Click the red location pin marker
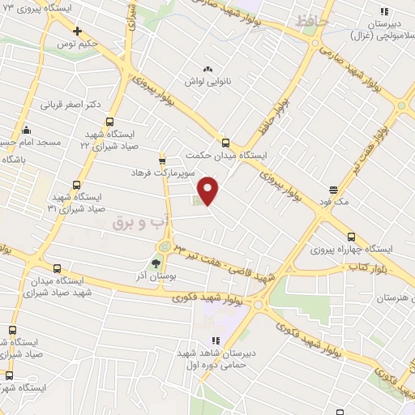209,190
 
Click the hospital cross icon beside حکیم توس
77,32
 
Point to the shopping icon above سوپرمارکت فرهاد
162,158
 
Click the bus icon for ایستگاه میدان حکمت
225,140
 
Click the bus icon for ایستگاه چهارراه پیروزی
350,237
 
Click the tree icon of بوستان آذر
156,263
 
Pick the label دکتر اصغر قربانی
71,105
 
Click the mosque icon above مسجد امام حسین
26,129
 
